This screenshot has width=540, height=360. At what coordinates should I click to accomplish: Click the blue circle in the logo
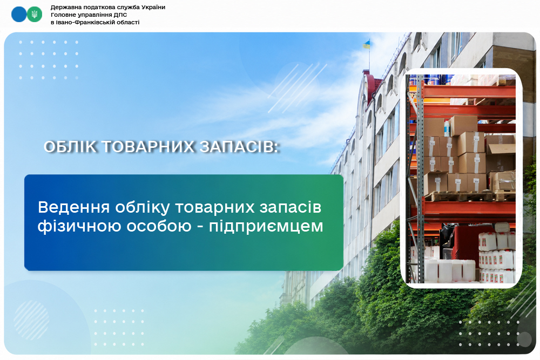(x=18, y=15)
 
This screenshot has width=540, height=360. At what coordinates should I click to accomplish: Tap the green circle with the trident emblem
(x=35, y=15)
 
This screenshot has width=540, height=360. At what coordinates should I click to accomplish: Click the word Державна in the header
(x=64, y=7)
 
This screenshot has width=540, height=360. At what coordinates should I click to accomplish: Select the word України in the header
(x=153, y=7)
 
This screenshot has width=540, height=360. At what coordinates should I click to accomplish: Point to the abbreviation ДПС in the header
(x=120, y=15)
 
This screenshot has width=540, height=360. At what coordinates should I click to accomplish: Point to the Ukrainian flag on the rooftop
(x=366, y=44)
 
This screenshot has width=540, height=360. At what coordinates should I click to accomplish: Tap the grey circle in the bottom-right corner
(x=524, y=339)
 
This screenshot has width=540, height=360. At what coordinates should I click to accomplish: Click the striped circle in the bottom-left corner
(x=31, y=320)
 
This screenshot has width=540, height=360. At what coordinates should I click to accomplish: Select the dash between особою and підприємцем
(x=200, y=227)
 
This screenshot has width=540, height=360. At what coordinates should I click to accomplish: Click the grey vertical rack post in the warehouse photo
(x=420, y=179)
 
